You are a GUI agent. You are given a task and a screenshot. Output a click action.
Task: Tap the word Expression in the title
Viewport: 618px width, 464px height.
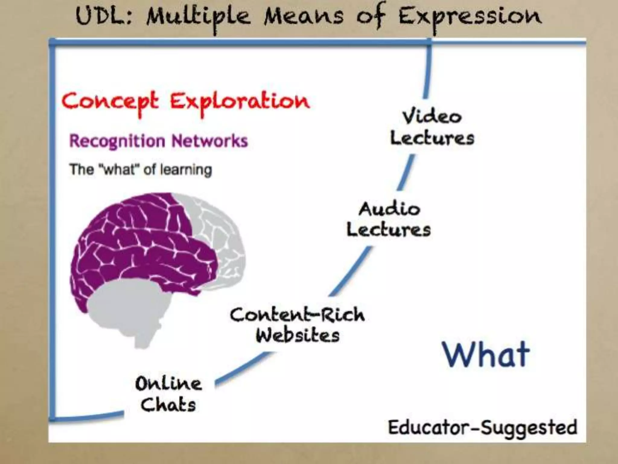pos(470,17)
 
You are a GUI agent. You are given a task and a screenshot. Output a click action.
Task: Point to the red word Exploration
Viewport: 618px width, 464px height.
pos(240,101)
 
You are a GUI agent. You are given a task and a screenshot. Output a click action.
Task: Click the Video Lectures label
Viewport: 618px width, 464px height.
pos(432,128)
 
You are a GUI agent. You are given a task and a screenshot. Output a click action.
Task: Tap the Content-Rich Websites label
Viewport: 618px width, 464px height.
pos(298,325)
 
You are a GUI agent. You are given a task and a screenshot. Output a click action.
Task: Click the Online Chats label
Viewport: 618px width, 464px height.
pos(168,394)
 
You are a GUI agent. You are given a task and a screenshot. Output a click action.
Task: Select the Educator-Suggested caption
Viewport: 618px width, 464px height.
pos(482,427)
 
